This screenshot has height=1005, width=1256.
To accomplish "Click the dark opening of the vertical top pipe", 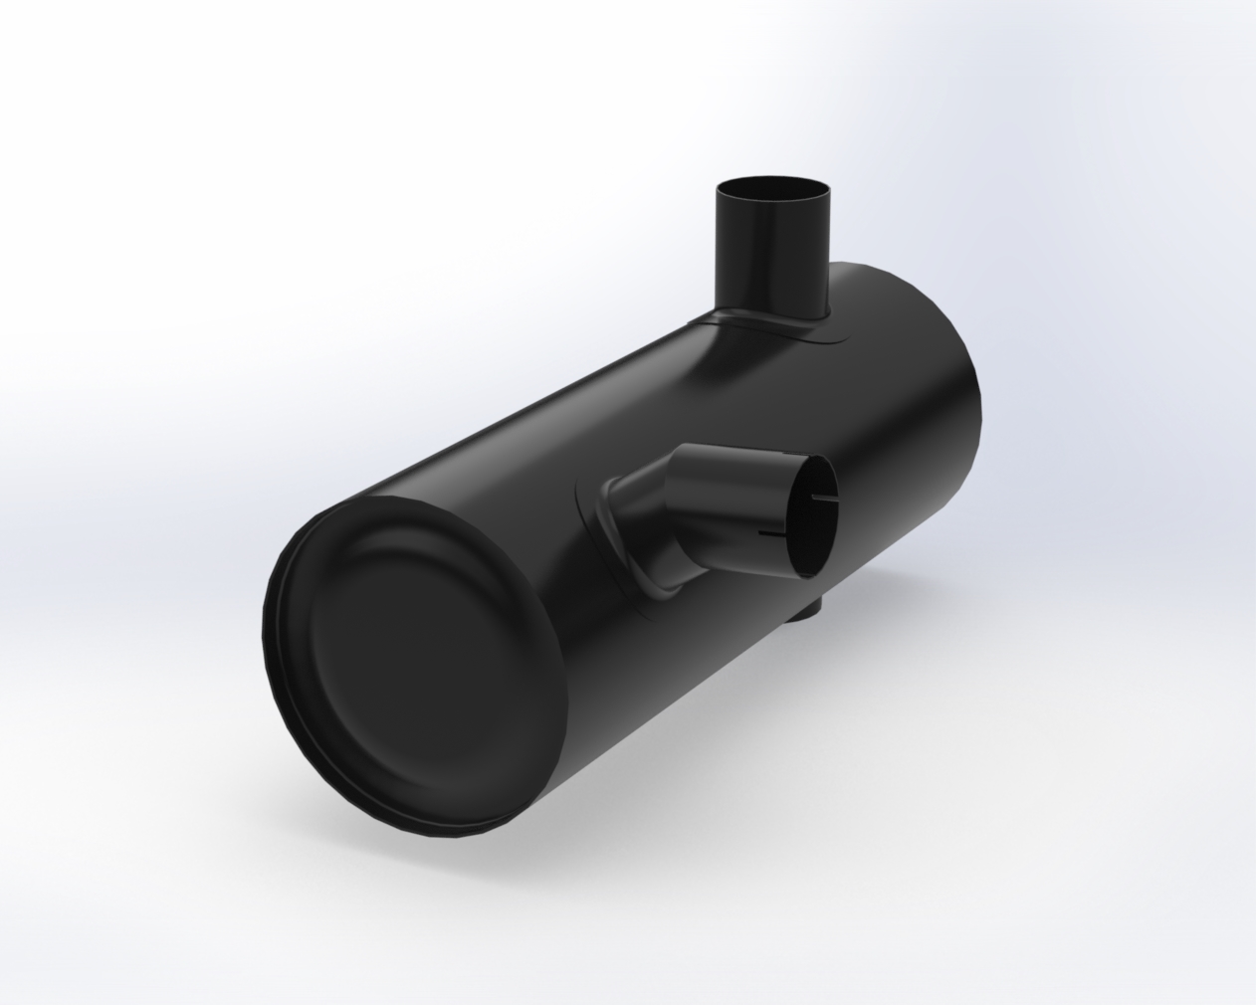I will (772, 189).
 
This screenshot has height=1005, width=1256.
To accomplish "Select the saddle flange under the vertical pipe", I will (796, 329).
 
